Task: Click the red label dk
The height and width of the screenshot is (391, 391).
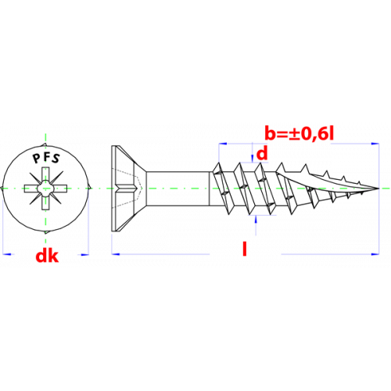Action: [x=47, y=256]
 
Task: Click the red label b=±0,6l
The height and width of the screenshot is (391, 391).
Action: [x=300, y=134]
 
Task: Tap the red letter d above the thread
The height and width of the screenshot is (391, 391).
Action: [x=262, y=153]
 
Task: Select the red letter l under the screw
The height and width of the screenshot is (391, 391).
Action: [x=245, y=249]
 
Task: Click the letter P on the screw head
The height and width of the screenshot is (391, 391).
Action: [x=36, y=158]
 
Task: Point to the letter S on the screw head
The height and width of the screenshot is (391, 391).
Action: [x=56, y=159]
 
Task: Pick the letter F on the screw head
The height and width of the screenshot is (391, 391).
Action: [x=45, y=156]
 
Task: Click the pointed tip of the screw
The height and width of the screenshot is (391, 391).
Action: [x=378, y=188]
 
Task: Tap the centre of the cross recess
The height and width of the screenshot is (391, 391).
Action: [x=45, y=188]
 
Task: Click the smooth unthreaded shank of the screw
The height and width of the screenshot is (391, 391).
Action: [x=178, y=188]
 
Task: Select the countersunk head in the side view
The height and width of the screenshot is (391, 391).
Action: [x=128, y=188]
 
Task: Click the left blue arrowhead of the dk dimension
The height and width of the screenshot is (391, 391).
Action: [x=6, y=253]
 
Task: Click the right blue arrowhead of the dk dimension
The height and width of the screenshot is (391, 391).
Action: [x=85, y=253]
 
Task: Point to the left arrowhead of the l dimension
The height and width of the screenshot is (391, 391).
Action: [x=116, y=253]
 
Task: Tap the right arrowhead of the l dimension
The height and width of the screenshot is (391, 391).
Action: [x=375, y=253]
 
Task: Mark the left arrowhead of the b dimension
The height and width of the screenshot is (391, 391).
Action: [x=223, y=143]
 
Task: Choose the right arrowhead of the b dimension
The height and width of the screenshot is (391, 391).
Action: [x=375, y=143]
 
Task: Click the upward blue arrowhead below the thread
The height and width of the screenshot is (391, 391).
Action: [x=256, y=220]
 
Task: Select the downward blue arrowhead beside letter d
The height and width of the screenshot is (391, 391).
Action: [x=252, y=158]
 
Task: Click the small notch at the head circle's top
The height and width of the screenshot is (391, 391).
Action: [x=45, y=145]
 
